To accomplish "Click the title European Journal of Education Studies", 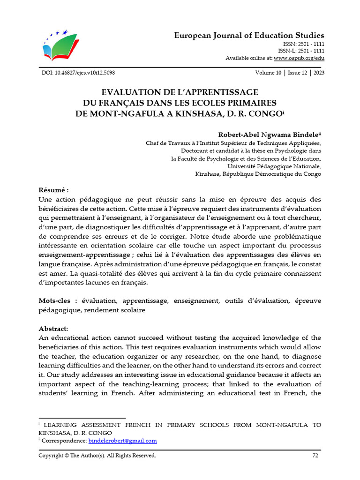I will [x=249, y=36].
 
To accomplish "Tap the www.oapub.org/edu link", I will [x=299, y=58].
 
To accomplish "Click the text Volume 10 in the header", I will [x=269, y=73].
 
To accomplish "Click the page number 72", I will [x=315, y=455].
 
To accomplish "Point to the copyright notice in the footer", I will [x=97, y=455].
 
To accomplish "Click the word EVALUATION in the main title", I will [x=136, y=92].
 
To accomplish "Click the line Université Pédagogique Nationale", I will [x=274, y=166].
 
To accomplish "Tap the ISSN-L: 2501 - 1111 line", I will [x=301, y=51].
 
